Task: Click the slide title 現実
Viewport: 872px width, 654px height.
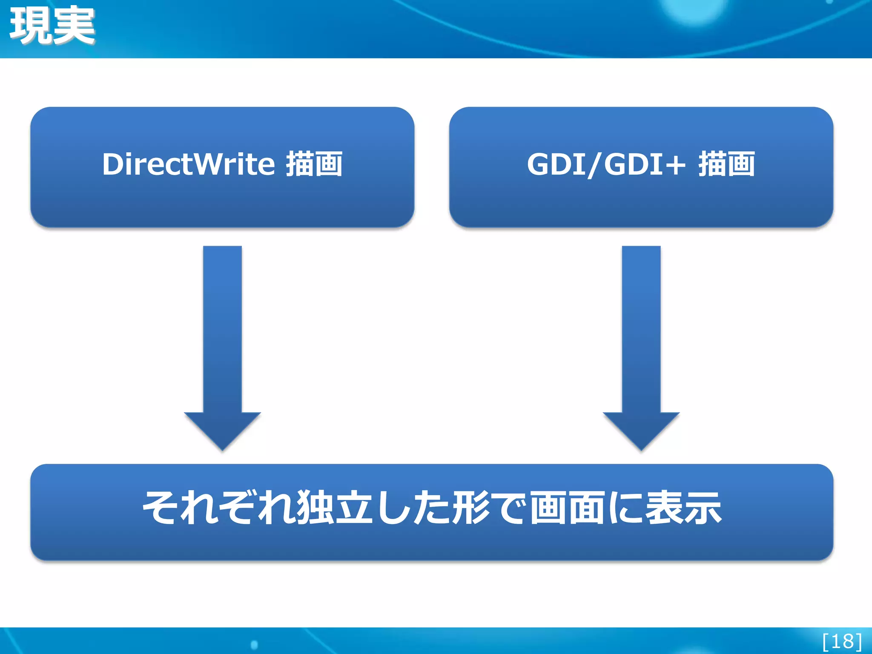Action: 52,26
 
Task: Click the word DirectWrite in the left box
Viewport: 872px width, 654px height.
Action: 189,164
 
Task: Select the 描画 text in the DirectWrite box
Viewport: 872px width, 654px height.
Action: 314,164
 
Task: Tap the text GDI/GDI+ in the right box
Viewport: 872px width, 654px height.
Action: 606,164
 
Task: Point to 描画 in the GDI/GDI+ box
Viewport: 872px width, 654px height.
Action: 726,164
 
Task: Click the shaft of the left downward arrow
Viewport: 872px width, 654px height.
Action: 222,328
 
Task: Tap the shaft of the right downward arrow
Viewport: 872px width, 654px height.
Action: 641,328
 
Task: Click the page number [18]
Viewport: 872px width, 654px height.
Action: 842,641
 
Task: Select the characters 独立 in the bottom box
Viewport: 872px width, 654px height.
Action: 334,508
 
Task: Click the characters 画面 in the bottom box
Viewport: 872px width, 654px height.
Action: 566,508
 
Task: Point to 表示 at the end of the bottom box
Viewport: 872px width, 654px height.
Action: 684,508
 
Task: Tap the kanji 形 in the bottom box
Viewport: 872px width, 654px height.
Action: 471,508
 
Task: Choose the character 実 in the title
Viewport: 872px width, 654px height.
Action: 74,26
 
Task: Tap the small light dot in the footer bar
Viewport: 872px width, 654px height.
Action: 254,645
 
